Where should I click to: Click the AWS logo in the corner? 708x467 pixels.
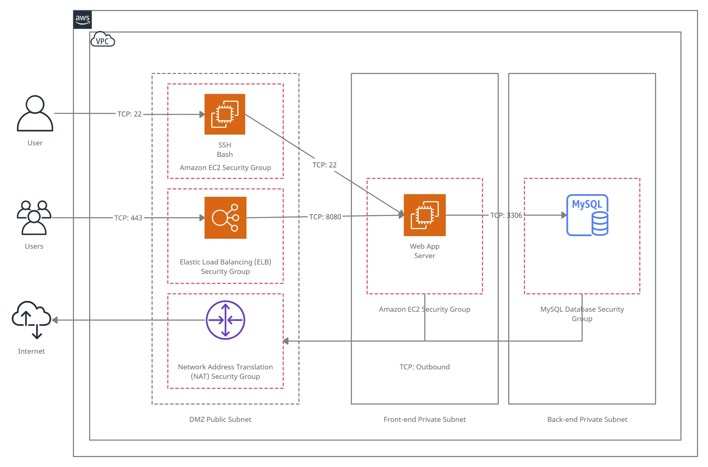tap(82, 20)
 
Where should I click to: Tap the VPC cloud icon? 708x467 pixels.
tap(103, 40)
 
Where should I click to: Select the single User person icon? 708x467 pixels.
tap(35, 113)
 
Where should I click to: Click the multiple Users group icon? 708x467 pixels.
tap(34, 218)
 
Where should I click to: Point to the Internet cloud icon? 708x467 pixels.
tap(31, 320)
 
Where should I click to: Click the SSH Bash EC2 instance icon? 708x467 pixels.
tap(225, 114)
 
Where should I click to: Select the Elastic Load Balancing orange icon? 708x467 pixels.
tap(225, 218)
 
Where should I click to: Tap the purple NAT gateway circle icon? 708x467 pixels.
tap(225, 320)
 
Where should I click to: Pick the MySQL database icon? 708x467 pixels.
tap(587, 215)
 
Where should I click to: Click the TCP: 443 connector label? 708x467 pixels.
tap(128, 218)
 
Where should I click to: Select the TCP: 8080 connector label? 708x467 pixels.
tap(325, 217)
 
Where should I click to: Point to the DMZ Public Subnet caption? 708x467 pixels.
tap(220, 419)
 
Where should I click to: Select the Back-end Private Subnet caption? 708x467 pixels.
tap(587, 419)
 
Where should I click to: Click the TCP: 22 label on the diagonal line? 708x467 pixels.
tap(324, 165)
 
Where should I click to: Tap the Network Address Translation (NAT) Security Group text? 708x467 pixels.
tap(225, 372)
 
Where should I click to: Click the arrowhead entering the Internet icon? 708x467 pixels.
tap(55, 320)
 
